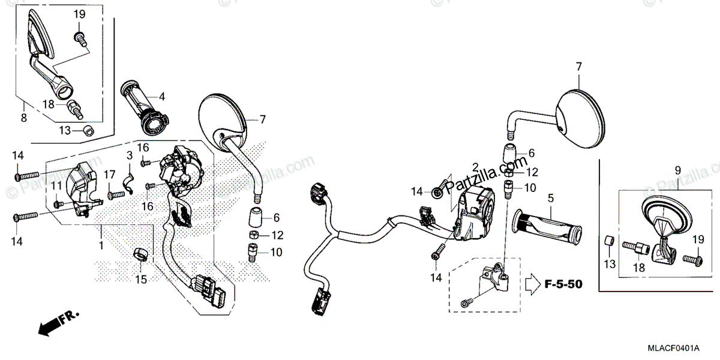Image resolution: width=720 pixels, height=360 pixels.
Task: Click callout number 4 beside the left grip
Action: click(162, 95)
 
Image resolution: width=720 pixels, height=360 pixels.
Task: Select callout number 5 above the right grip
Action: click(550, 197)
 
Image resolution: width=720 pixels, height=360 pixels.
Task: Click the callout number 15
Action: click(140, 279)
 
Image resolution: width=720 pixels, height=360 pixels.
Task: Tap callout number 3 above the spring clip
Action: click(128, 155)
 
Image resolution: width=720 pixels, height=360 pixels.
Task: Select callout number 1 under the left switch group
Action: click(101, 245)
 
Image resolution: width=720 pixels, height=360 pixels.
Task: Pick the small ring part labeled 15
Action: click(141, 256)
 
